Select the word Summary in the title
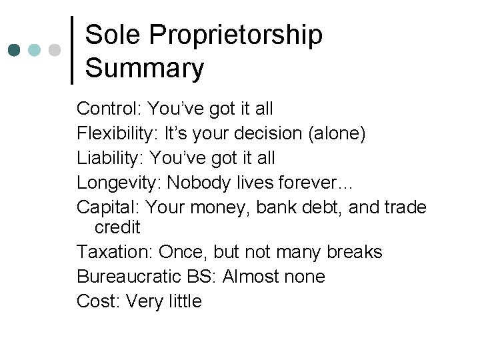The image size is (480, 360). [145, 68]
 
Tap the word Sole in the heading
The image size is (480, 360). [110, 35]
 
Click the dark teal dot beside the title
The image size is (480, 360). [15, 51]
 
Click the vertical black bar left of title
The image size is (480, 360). [72, 50]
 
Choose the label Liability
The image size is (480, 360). [110, 159]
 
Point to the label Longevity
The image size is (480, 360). [119, 182]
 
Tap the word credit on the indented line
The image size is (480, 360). [117, 227]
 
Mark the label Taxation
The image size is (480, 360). [113, 252]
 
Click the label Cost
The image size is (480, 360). [96, 301]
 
